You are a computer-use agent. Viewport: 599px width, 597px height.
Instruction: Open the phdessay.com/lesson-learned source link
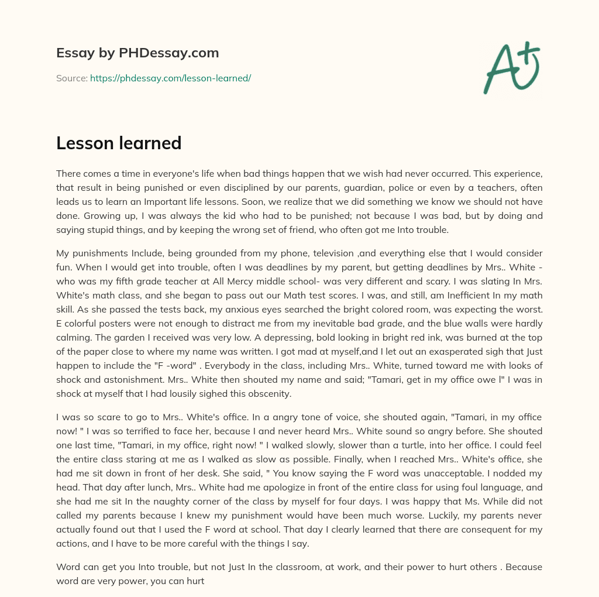pyautogui.click(x=170, y=78)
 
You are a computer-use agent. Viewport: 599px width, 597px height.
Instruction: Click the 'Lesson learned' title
pyautogui.click(x=119, y=143)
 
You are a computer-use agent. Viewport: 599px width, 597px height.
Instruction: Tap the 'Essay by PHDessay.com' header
pyautogui.click(x=137, y=53)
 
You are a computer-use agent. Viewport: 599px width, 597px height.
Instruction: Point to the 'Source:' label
pyautogui.click(x=71, y=78)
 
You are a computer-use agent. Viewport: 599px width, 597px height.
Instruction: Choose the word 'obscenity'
pyautogui.click(x=271, y=394)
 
